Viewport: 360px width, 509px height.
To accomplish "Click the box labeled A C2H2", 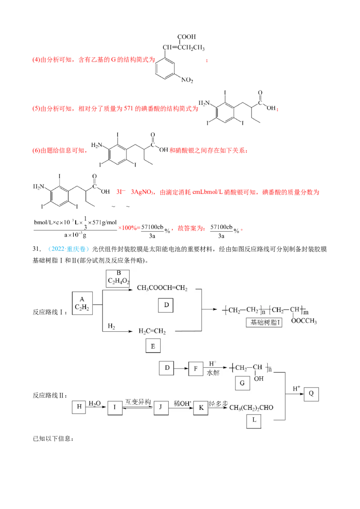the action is (82, 303).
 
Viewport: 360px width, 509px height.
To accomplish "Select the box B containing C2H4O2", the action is (118, 278).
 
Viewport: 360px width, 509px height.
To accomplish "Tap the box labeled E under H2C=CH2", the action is (153, 346).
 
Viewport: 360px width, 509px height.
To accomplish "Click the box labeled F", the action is (196, 368).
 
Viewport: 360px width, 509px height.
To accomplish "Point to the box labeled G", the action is (243, 383).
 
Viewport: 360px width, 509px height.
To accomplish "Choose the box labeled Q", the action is (311, 394).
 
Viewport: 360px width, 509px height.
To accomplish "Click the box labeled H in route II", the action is (79, 407).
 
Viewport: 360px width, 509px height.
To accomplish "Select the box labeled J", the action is (161, 407).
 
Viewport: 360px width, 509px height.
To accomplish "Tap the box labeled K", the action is (201, 408).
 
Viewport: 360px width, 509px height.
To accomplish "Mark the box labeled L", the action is (254, 421).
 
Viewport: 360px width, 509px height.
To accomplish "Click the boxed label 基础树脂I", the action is (264, 322).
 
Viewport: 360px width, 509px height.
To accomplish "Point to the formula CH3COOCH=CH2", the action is (162, 288).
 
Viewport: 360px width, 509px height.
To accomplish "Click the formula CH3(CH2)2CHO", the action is (251, 408).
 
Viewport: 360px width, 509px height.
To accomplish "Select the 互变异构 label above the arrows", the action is (139, 402).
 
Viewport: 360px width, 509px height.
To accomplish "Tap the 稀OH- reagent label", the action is (183, 403).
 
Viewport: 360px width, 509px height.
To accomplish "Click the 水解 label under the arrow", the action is (213, 373).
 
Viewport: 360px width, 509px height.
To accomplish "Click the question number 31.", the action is (37, 249).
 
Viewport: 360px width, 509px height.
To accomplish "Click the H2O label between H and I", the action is (95, 403).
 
